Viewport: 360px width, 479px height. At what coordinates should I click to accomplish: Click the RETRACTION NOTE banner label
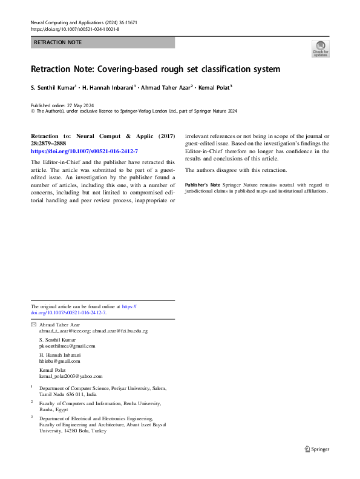pyautogui.click(x=57, y=42)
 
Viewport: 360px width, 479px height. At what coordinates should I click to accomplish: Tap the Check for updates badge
pyautogui.click(x=320, y=49)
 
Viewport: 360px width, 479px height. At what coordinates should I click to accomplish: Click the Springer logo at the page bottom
pyautogui.click(x=317, y=449)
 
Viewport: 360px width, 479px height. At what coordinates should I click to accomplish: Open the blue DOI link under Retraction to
pyautogui.click(x=84, y=150)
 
